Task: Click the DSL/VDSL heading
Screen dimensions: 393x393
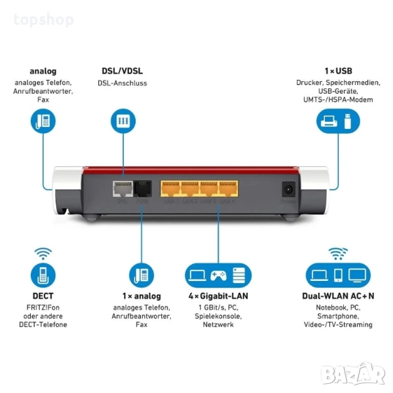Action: tap(122, 71)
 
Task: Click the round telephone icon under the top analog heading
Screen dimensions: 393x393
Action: tap(43, 121)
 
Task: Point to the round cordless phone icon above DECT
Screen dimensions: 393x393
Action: tap(43, 273)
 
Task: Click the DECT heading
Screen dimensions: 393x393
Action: tap(43, 295)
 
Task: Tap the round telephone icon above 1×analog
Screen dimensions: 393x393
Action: tap(141, 273)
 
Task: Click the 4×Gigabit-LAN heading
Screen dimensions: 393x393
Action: tap(218, 295)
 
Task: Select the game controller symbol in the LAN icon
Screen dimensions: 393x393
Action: tap(217, 273)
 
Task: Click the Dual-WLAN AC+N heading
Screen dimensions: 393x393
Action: tap(338, 295)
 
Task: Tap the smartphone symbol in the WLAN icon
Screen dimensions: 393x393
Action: tap(339, 273)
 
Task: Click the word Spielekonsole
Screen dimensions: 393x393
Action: tap(218, 316)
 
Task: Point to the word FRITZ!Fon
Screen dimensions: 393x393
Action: tap(43, 306)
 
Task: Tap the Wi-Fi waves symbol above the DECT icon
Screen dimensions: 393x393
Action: tap(43, 252)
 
